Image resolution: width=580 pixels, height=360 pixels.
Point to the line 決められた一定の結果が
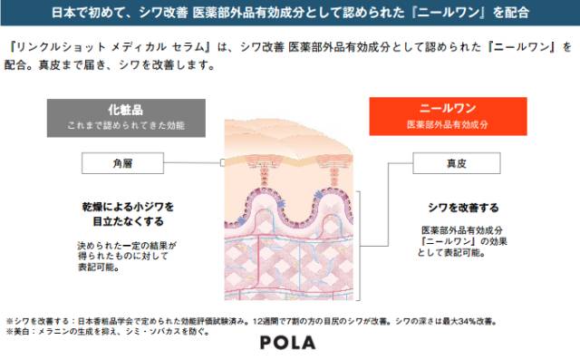click(126, 245)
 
